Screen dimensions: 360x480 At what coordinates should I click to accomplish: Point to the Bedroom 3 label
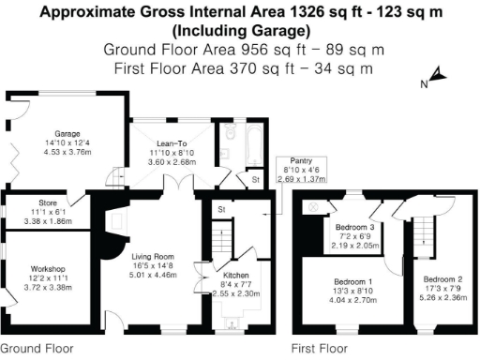tap(355, 227)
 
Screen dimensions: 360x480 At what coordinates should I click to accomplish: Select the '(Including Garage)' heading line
tap(240, 31)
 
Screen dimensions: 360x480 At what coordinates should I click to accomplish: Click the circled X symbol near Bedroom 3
tap(315, 206)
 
